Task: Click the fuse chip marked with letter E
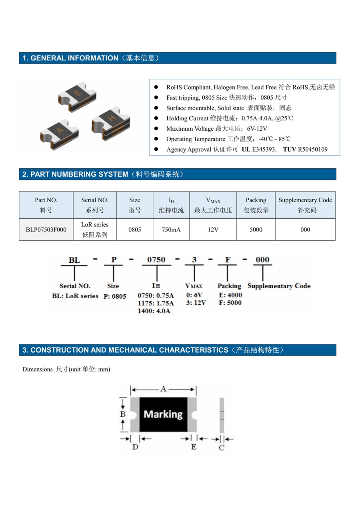[78, 95]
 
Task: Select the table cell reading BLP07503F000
[46, 230]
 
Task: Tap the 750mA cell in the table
[171, 230]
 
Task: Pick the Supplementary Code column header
[305, 205]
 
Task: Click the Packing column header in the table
[256, 205]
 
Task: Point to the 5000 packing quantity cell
[256, 230]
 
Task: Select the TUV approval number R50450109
[313, 150]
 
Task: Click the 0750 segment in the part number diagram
[156, 260]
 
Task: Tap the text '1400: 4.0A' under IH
[154, 311]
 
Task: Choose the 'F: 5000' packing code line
[230, 303]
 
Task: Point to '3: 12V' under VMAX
[196, 303]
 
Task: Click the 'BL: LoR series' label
[75, 296]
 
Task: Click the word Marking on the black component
[163, 414]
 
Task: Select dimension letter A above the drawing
[163, 389]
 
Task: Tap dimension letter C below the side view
[222, 448]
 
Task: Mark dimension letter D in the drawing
[135, 447]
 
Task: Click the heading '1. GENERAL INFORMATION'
[70, 58]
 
